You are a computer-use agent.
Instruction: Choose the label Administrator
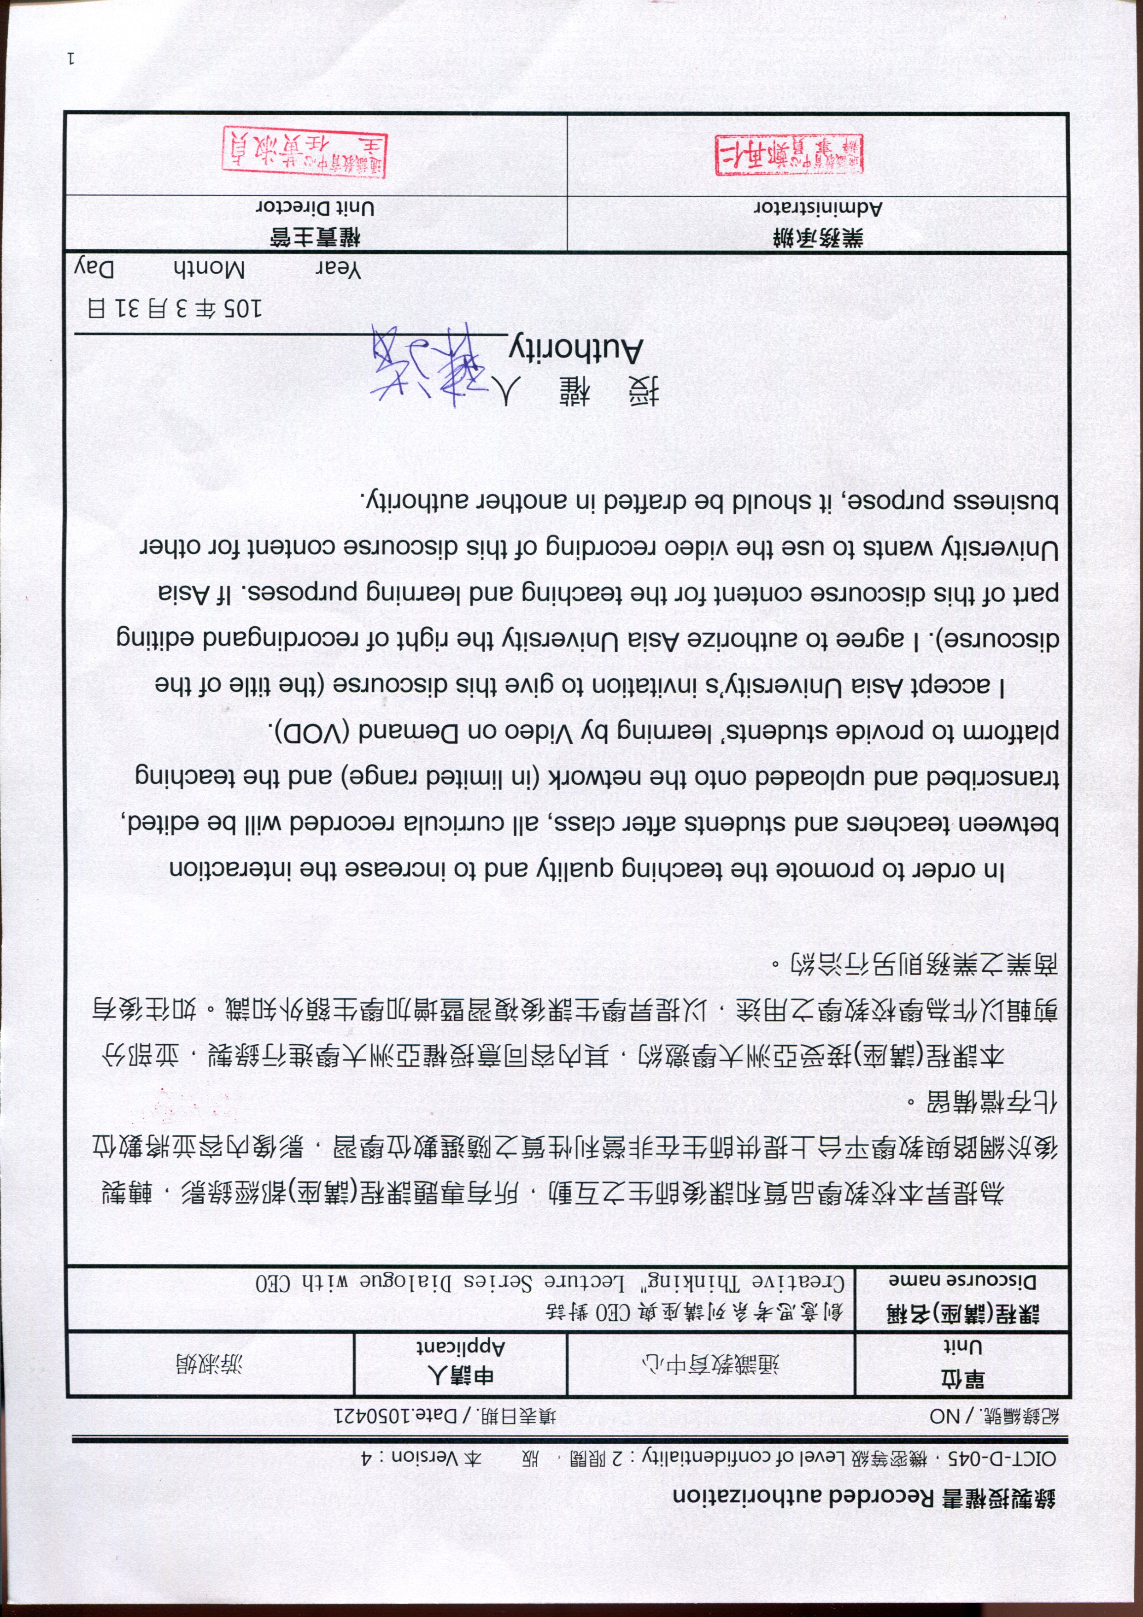[x=818, y=208]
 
